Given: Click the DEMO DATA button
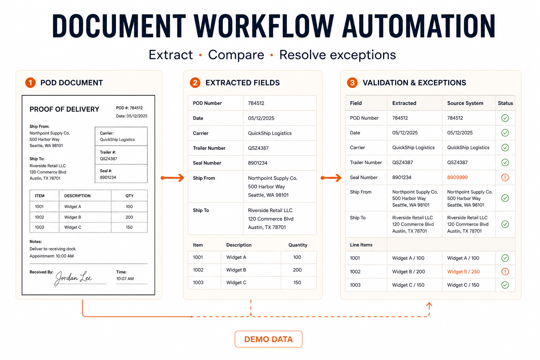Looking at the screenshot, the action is click(x=268, y=339).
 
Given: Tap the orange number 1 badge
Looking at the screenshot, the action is click(x=30, y=83).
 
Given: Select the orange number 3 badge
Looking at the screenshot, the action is click(x=352, y=83).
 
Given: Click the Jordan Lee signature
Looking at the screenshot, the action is click(x=73, y=278).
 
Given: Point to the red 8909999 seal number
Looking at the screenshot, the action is click(x=457, y=178).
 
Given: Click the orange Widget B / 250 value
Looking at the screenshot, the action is click(x=463, y=271).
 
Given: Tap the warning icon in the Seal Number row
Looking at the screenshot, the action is click(x=505, y=178).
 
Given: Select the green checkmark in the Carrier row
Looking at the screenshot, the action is click(x=505, y=148).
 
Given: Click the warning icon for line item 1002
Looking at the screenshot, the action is click(x=505, y=271).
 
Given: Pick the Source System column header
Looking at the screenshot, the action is click(x=465, y=103).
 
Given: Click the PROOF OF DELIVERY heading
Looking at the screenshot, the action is click(x=64, y=109).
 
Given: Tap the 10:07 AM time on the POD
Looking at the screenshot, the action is click(x=125, y=278).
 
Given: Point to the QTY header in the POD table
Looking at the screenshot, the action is click(x=129, y=196).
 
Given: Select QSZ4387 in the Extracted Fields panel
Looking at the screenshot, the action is click(x=258, y=148).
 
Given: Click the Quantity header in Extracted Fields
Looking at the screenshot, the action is click(x=298, y=245).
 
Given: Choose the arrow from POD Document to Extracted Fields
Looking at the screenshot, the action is click(x=172, y=178).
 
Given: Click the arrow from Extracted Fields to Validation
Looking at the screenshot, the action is click(x=331, y=178).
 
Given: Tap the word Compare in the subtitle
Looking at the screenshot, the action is click(x=236, y=55).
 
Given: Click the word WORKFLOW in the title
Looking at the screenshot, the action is click(x=264, y=26).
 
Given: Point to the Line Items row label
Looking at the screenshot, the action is click(x=361, y=245).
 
